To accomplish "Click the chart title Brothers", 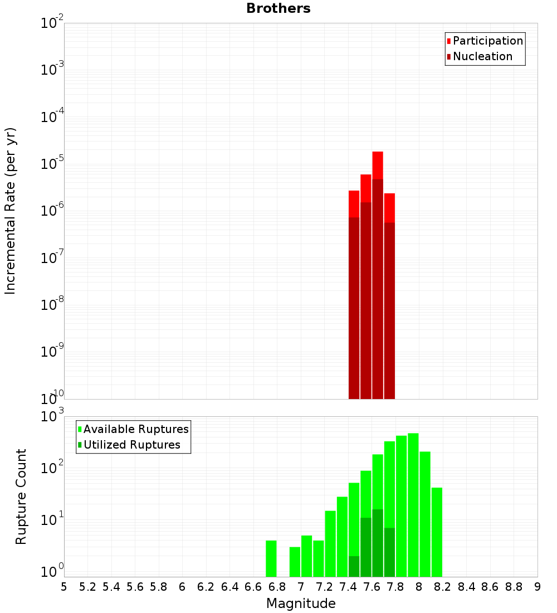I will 278,8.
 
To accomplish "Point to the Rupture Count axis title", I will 21,497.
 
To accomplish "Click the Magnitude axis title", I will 301,604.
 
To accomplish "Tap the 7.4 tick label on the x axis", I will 348,587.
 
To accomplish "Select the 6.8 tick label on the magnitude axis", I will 277,587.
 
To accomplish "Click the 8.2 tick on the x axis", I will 443,587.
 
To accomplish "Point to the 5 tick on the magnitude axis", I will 64,587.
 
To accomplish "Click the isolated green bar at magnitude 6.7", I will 271,558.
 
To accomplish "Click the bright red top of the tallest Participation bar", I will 378,165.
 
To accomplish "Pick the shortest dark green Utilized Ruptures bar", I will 354,566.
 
